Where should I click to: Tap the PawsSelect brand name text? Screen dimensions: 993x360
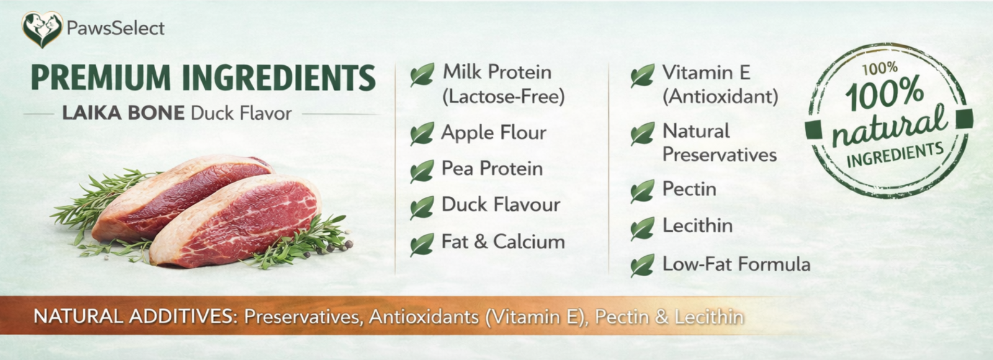coord(115,29)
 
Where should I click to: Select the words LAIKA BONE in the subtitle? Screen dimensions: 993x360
coord(124,113)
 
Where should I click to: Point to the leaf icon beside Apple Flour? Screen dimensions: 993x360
coord(422,133)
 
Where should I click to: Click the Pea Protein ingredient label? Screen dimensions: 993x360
coord(492,169)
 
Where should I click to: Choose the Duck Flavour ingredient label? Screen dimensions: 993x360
coord(501,205)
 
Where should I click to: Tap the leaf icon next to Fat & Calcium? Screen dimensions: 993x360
coord(422,245)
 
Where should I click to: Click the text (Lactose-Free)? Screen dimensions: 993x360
coord(503,97)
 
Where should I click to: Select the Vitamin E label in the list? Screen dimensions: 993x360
coord(706,73)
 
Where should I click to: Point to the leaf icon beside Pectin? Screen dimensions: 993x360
coord(642,191)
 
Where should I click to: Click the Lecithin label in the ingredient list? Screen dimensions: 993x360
coord(698,226)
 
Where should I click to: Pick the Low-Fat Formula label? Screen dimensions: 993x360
coord(736,264)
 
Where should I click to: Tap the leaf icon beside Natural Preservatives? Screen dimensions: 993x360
coord(642,133)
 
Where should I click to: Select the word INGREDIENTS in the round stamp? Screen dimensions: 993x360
coord(895,156)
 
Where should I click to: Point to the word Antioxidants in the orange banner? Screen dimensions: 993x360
coord(424,317)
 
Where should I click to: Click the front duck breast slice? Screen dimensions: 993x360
coord(236,220)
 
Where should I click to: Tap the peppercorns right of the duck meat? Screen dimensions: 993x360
coord(337,246)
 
